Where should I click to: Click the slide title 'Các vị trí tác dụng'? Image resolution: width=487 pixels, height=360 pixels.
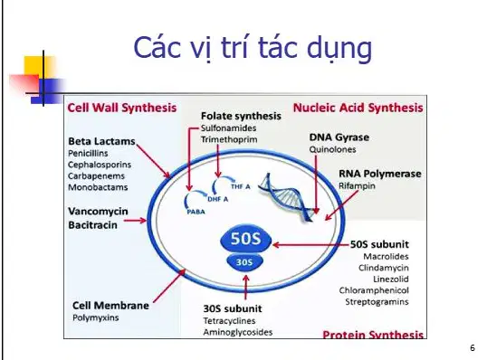coord(253,48)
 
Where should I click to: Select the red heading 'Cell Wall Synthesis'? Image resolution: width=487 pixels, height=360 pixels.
coord(121,108)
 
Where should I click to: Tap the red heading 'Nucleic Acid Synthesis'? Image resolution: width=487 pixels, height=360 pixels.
coord(358,108)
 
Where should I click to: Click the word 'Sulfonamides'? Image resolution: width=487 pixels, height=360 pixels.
coord(228,128)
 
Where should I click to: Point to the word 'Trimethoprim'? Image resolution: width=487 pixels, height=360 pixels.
coord(229,139)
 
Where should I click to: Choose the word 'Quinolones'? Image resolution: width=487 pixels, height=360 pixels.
coord(332,149)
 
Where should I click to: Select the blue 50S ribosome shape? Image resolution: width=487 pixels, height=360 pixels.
coord(245,238)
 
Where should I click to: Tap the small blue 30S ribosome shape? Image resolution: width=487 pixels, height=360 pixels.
coord(244,262)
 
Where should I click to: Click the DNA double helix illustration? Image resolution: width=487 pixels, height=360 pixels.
coord(286,197)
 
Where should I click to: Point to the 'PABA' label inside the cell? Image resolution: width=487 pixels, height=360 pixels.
coord(196,212)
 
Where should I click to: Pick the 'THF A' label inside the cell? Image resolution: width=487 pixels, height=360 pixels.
coord(241,186)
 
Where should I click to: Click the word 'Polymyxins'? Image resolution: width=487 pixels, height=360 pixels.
coord(96,317)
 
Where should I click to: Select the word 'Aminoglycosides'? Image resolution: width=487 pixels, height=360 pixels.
coord(238,332)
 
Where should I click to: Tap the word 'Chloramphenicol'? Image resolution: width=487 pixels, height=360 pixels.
coord(374,290)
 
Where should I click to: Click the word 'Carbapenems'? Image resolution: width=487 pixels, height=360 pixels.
coord(96,176)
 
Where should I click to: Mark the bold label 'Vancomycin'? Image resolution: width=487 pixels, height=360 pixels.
coord(98,212)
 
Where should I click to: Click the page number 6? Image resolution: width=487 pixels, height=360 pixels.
coord(473,348)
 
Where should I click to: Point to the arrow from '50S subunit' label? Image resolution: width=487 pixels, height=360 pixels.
coord(310,245)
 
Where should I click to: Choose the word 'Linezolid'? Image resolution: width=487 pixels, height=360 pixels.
coord(391,279)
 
